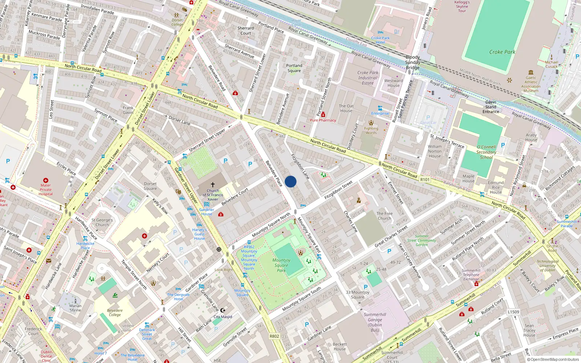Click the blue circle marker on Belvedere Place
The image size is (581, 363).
pos(290,181)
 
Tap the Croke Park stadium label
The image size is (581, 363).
pos(502,52)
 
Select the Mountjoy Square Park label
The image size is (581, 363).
pos(281,265)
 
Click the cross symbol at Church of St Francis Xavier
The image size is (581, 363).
pos(213,185)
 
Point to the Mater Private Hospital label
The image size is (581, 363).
pos(45,189)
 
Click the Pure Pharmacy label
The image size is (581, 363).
pos(323,120)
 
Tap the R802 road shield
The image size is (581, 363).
pos(274,336)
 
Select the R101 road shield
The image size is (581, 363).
pos(424,180)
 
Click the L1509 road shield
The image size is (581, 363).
pos(513,312)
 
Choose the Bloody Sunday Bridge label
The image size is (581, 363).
pos(413,62)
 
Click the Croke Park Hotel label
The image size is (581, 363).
pos(380,40)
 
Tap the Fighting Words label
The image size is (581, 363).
pos(371,130)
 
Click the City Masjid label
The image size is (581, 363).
pos(223,317)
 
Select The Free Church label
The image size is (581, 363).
pos(385,216)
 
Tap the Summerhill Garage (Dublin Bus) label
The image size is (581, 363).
pos(375,322)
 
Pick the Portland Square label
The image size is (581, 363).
pos(294,68)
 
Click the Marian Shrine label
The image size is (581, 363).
pos(76,308)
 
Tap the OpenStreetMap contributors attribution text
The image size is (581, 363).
pos(553,360)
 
